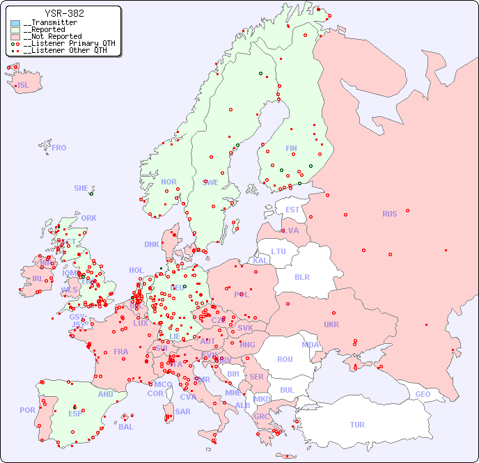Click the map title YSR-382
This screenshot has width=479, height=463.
(64, 13)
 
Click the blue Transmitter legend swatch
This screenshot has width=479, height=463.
(15, 23)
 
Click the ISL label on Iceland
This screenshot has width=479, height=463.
(24, 86)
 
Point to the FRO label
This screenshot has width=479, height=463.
(59, 148)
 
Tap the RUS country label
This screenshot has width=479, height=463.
(389, 214)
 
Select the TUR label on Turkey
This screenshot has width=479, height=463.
(357, 425)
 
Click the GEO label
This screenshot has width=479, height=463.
(423, 394)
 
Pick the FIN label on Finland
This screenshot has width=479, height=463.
(291, 148)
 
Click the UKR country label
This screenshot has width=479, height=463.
(331, 324)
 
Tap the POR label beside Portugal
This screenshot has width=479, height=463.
(27, 410)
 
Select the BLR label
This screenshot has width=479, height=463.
(301, 276)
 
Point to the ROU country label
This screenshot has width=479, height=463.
(285, 359)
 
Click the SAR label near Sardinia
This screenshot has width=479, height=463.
(182, 411)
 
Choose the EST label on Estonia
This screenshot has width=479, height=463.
(292, 210)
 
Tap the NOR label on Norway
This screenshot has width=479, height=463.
(168, 182)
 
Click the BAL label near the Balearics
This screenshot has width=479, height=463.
(126, 427)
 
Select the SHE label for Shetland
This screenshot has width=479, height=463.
(81, 188)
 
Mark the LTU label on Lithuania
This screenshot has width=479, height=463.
(278, 251)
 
